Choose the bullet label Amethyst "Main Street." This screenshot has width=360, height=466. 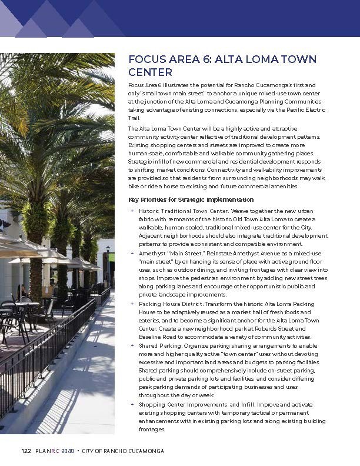tap(171, 252)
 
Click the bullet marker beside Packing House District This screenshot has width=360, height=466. tap(132, 304)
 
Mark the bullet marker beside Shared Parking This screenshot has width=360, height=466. tap(132, 346)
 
